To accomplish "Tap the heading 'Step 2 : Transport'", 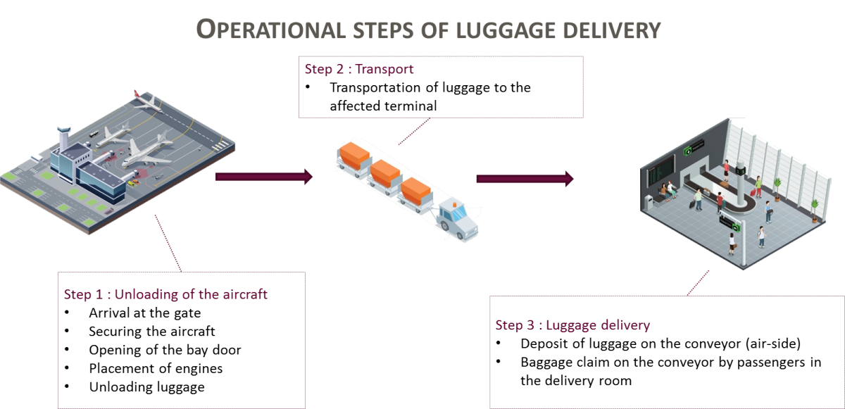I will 358,69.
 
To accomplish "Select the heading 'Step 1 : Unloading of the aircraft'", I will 165,294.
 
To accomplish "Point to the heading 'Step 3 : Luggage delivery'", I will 572,325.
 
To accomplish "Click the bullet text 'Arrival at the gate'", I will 144,313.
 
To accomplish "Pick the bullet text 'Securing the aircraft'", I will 152,331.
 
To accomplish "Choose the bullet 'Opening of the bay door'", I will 165,349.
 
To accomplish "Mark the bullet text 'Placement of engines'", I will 156,367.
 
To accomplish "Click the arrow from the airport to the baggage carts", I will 263,177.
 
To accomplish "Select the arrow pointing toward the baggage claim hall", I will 525,179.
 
